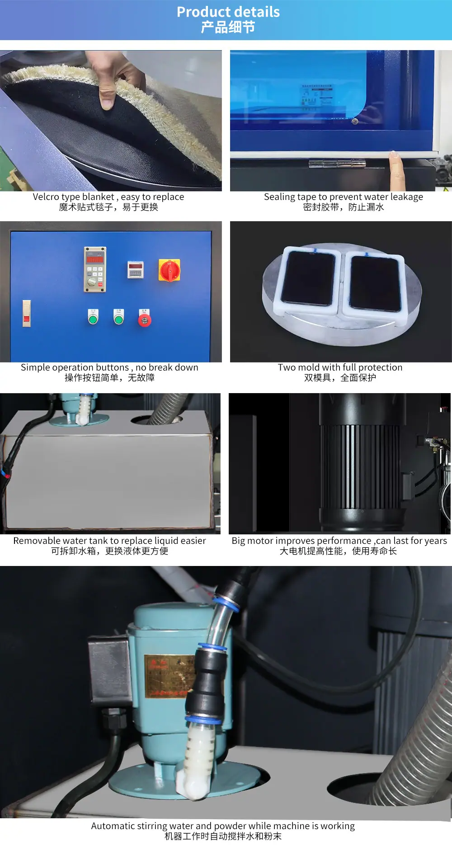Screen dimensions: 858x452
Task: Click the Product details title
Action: tap(228, 12)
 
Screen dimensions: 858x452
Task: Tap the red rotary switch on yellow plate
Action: tap(169, 270)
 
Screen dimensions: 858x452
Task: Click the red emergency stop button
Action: tap(145, 320)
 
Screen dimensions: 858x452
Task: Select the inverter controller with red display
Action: tap(95, 269)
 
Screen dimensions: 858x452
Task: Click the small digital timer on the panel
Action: tap(135, 269)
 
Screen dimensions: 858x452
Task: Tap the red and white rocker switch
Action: tap(27, 313)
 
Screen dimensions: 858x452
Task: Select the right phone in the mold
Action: tap(374, 283)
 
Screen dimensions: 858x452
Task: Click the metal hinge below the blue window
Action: tap(337, 163)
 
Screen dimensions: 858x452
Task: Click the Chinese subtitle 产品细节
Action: tap(228, 28)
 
